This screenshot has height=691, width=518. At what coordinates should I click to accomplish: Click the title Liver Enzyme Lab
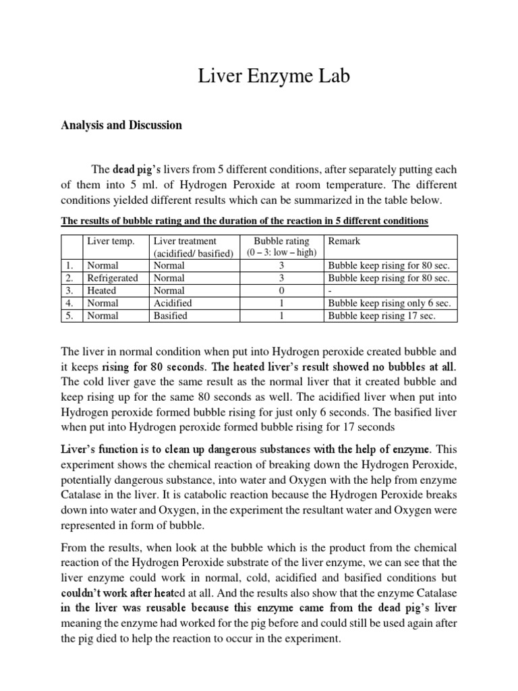click(x=274, y=78)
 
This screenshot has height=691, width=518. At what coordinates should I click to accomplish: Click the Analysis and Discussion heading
click(x=121, y=126)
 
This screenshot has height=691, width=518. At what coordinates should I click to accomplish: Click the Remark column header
click(x=344, y=241)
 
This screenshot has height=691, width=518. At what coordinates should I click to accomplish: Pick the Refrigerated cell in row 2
click(x=112, y=278)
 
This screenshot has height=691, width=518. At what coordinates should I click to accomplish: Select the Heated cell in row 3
click(x=102, y=291)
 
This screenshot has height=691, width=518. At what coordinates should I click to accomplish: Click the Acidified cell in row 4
click(x=173, y=304)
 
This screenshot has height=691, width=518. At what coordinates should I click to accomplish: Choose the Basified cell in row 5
click(x=171, y=316)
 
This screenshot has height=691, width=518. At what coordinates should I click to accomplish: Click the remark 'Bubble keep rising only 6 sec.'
click(x=388, y=304)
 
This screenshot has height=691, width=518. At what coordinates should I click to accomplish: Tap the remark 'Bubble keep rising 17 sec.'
click(x=382, y=316)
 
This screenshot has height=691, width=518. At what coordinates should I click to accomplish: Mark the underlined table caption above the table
click(x=244, y=221)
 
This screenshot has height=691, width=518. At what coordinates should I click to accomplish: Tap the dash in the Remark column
click(x=330, y=291)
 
